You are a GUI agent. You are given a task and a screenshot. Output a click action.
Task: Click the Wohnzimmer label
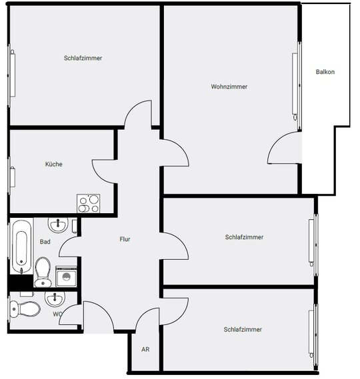(x=229, y=87)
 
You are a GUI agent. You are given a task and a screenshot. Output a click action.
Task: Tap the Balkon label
(x=325, y=72)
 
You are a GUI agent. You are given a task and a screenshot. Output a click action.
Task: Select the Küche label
(x=54, y=164)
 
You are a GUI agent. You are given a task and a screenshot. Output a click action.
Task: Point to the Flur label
(x=125, y=239)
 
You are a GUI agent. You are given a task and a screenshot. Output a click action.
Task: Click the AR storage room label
(x=145, y=349)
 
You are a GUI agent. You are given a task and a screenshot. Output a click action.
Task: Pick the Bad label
(x=45, y=242)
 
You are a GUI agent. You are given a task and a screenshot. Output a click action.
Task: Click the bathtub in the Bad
(x=22, y=246)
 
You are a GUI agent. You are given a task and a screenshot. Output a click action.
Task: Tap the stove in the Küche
(x=88, y=204)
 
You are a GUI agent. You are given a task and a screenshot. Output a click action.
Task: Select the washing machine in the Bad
(x=66, y=276)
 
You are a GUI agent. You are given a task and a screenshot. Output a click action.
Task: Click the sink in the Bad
(x=58, y=224)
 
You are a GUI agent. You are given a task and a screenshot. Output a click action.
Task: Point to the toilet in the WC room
(x=25, y=308)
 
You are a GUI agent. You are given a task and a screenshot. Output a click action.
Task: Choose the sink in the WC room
(x=55, y=298)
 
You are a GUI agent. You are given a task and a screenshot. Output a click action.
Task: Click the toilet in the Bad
(x=43, y=272)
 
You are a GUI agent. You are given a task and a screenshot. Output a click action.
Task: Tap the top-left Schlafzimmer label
(x=83, y=58)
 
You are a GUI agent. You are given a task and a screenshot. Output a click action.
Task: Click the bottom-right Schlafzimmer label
(x=243, y=330)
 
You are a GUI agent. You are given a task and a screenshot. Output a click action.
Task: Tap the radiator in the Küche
(x=13, y=177)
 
